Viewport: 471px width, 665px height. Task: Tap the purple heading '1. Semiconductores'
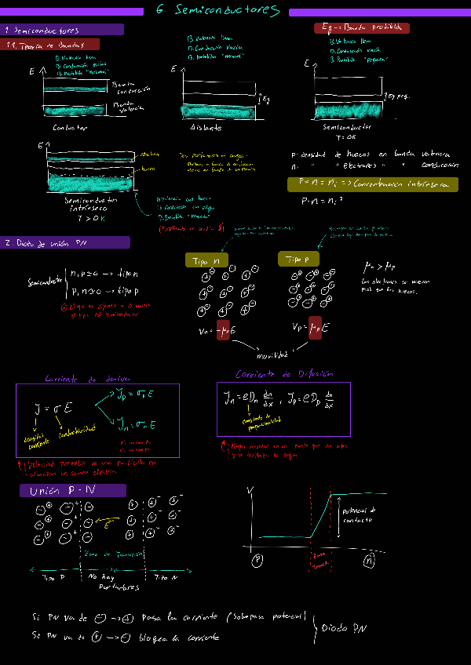(x=63, y=30)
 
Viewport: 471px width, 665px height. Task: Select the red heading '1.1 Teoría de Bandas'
(x=51, y=45)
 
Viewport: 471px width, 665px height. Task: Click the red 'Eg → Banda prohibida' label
(x=361, y=27)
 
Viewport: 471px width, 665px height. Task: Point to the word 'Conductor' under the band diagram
(x=70, y=127)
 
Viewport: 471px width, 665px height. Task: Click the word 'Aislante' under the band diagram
(x=206, y=127)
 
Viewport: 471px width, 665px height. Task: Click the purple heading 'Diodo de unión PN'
(x=66, y=242)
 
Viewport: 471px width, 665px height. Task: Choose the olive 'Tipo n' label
(x=206, y=260)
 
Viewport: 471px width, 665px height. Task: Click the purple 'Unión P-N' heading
(x=72, y=491)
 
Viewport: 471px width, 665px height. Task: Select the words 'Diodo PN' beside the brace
(x=345, y=627)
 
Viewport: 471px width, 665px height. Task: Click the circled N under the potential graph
(x=368, y=561)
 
